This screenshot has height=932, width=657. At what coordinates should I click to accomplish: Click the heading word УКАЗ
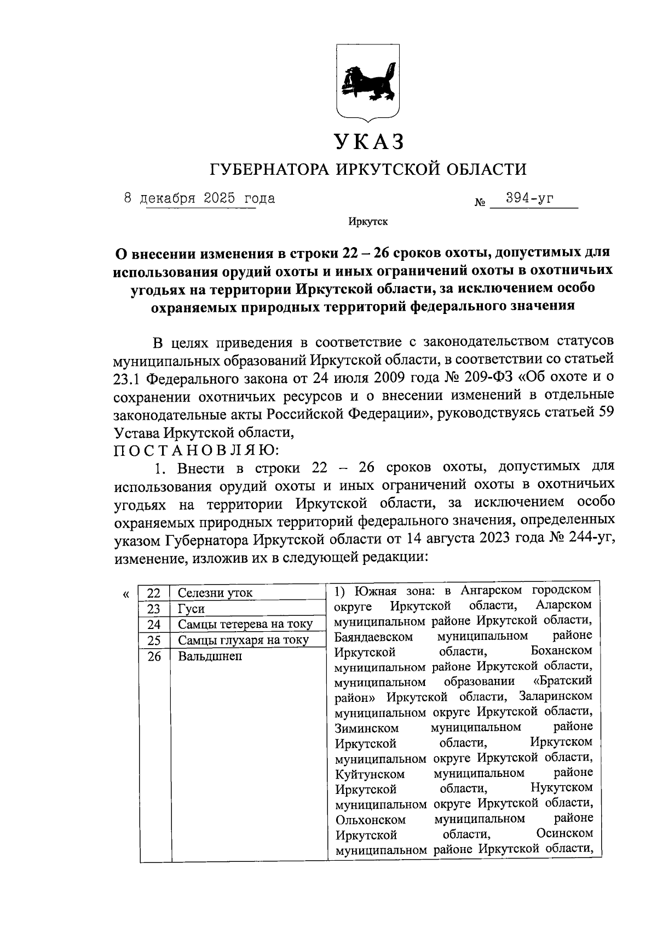click(369, 141)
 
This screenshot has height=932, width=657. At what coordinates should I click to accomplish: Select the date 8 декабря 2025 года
click(200, 198)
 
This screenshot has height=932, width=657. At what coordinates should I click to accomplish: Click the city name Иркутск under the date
click(367, 222)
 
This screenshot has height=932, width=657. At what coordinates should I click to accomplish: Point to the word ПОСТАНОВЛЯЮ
click(197, 450)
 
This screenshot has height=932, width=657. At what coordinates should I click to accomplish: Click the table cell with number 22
click(154, 593)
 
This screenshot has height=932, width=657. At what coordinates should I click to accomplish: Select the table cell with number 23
click(154, 609)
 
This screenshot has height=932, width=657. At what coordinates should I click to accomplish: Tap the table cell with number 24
click(154, 624)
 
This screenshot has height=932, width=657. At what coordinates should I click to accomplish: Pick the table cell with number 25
click(154, 640)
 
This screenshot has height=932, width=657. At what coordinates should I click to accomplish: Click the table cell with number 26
click(154, 656)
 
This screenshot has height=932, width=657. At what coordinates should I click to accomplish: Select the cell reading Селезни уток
click(215, 593)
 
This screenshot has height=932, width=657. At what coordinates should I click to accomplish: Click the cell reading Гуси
click(191, 609)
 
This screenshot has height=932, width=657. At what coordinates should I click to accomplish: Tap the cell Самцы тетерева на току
click(245, 624)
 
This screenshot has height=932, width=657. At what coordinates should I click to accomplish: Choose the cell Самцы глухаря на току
click(244, 640)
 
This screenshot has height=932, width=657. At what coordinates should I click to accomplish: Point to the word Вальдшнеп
click(210, 656)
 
